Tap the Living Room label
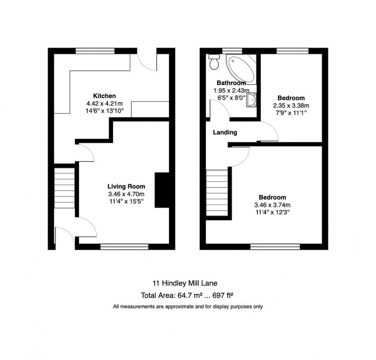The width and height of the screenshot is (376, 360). [126, 186]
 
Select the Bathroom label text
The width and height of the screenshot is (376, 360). [231, 83]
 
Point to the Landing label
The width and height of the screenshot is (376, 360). [225, 132]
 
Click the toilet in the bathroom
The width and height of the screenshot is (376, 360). [213, 62]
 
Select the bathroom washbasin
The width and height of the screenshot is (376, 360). [252, 100]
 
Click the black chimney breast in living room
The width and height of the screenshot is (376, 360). [161, 190]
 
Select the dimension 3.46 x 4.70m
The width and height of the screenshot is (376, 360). [126, 194]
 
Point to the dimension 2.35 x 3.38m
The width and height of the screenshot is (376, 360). [291, 105]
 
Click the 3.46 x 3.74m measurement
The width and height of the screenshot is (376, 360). [272, 205]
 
